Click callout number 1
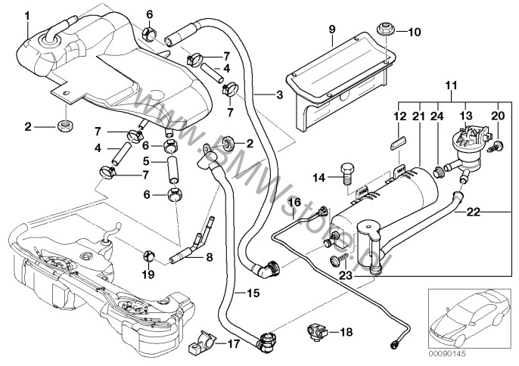27,15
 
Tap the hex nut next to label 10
384,31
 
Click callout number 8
208,259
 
